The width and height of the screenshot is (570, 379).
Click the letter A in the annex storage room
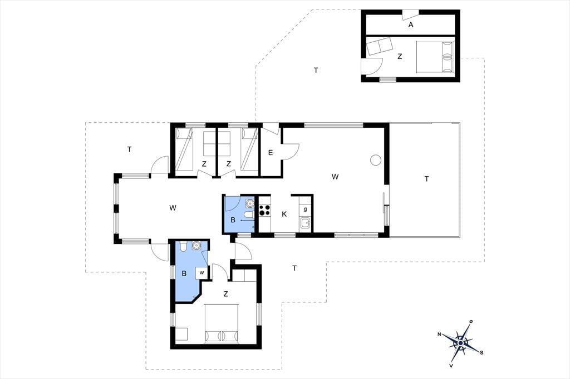(x=411, y=24)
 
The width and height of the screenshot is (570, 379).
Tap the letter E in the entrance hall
(x=271, y=153)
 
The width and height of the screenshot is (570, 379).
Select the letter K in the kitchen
(x=284, y=214)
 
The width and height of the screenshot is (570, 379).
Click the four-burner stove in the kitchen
(x=264, y=210)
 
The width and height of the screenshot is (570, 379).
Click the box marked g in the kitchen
(x=306, y=210)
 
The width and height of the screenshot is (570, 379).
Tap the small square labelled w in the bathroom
(x=202, y=273)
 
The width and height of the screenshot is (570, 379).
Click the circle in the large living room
(x=375, y=159)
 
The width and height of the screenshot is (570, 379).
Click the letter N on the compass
(x=440, y=335)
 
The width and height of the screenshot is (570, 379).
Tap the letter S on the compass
(x=481, y=352)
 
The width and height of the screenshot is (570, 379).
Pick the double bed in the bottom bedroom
(x=222, y=323)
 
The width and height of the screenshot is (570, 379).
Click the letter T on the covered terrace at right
(x=427, y=178)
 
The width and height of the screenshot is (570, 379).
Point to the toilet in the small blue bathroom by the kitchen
(x=249, y=215)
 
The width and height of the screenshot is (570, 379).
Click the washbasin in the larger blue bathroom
(x=196, y=246)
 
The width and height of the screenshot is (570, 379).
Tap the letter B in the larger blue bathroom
(x=184, y=273)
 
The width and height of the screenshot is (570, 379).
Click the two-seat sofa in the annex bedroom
(x=379, y=46)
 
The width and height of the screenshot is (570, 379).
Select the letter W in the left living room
(x=173, y=208)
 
